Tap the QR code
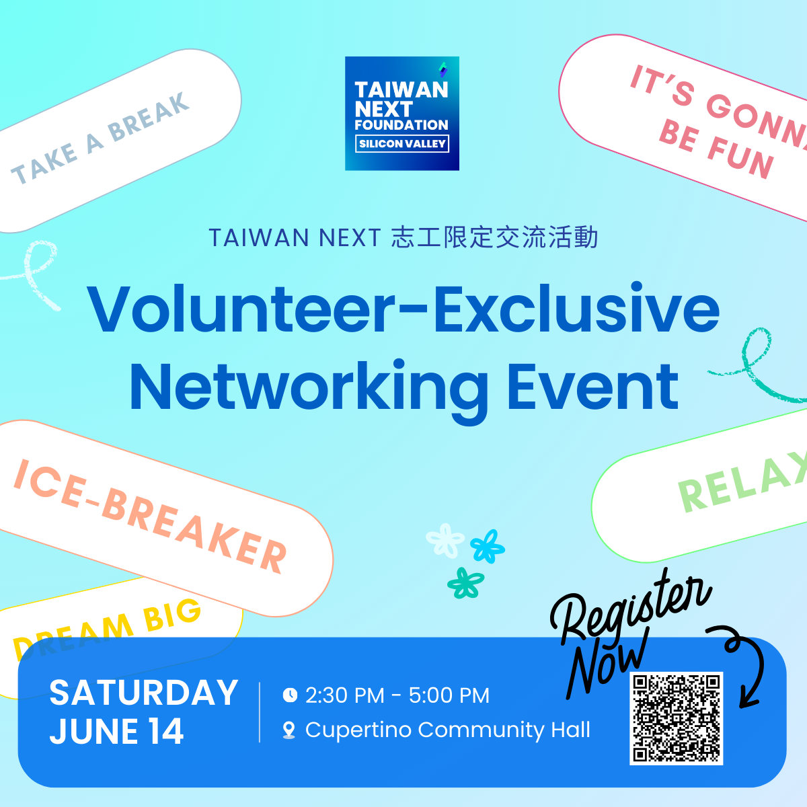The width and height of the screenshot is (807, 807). coord(676,718)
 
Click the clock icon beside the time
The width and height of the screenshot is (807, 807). coord(290,695)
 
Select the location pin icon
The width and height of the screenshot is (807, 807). coord(289,730)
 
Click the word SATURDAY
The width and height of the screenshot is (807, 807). coord(143,693)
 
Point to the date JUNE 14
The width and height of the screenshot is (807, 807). coord(116,732)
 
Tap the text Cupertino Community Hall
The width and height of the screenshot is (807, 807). coord(447,730)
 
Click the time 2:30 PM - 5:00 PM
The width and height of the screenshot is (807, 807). coord(397,695)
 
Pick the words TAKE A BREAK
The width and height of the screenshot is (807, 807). coord(101,139)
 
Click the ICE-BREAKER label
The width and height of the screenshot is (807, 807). coord(151,515)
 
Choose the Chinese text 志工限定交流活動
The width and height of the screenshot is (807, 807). coord(494,238)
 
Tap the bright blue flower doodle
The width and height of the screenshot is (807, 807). coord(487,545)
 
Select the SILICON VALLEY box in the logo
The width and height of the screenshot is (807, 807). coord(402,144)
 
